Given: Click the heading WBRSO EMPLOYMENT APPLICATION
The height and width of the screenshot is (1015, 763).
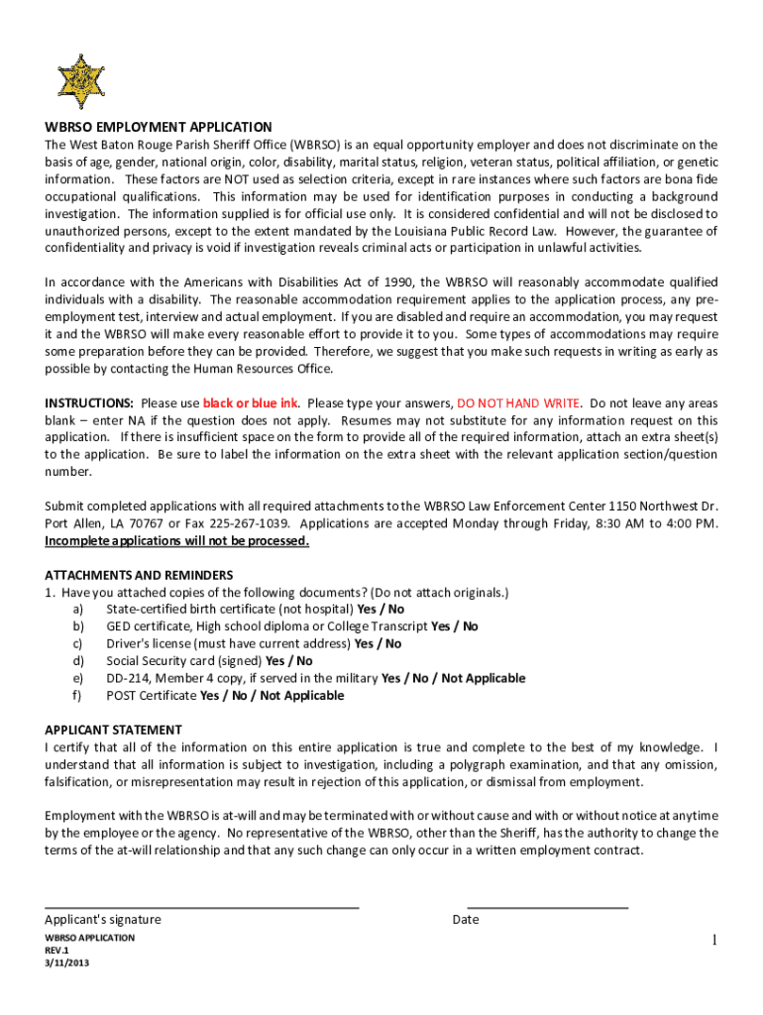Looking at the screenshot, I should point(158,128).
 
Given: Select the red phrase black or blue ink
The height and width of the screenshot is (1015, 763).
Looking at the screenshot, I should point(250,403).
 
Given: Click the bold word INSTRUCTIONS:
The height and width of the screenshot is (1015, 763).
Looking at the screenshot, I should point(89,403).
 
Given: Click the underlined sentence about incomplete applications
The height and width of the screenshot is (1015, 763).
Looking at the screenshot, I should point(177,541).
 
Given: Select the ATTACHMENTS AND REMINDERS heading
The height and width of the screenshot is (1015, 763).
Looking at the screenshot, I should point(139,575).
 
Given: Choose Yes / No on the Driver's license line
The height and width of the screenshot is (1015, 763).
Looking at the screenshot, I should point(379,643).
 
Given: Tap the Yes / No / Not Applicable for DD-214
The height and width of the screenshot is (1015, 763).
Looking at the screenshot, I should point(453,678).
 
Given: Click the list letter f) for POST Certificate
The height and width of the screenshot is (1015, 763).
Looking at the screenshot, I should point(77,696).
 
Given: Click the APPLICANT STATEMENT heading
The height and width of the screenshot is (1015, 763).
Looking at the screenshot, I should point(113,730).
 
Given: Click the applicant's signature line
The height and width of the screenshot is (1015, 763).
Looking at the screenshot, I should point(202,906).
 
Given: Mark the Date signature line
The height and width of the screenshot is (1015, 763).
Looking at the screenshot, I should point(547,906).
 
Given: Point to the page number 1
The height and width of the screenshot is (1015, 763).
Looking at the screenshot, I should point(712,940).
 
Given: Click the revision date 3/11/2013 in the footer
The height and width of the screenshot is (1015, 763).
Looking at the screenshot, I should point(66,962).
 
